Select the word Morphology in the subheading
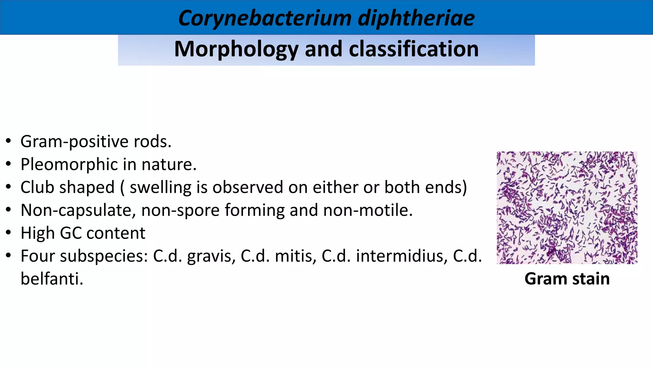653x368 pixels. [236, 50]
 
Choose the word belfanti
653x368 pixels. [52, 279]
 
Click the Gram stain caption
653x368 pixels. [567, 279]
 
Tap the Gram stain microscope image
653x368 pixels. [567, 208]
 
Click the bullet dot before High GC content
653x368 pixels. [9, 233]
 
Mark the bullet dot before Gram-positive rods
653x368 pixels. [9, 141]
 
